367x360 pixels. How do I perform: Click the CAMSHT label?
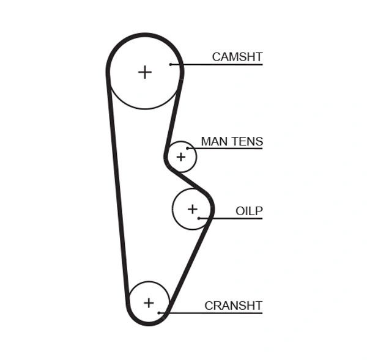coord(237,57)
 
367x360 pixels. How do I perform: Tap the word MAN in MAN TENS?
coord(213,142)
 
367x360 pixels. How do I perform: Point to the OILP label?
coord(249,211)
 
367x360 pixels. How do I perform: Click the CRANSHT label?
coord(233,306)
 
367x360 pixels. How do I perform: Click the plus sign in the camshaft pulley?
coord(144,72)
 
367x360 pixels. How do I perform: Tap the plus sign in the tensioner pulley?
coord(180,157)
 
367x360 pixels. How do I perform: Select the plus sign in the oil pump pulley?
coord(193,210)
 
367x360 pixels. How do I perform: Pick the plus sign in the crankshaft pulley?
coord(149,303)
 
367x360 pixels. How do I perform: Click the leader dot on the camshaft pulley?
coord(172,64)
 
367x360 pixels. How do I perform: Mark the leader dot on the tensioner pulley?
coord(188,149)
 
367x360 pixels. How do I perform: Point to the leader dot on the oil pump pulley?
coord(199,218)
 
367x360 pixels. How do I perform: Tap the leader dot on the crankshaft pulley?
coord(159,313)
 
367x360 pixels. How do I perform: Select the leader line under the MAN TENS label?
coord(226,149)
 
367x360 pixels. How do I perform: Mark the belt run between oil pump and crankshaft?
coord(188,263)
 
